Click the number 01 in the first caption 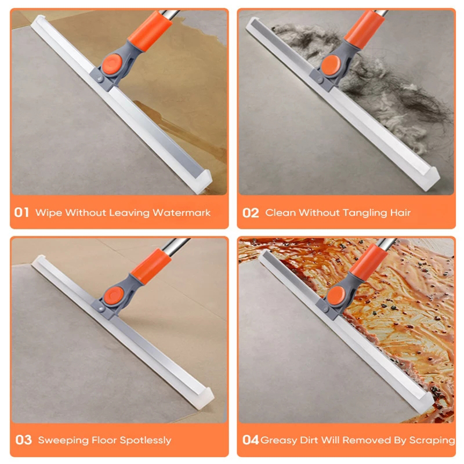(x=21, y=212)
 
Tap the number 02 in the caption (x=251, y=213)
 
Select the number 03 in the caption (x=23, y=440)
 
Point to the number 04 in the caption (x=251, y=440)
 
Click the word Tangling (x=365, y=213)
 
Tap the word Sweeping (x=63, y=441)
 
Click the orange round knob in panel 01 (x=112, y=64)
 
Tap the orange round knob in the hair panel (x=331, y=64)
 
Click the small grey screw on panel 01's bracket (x=100, y=79)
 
